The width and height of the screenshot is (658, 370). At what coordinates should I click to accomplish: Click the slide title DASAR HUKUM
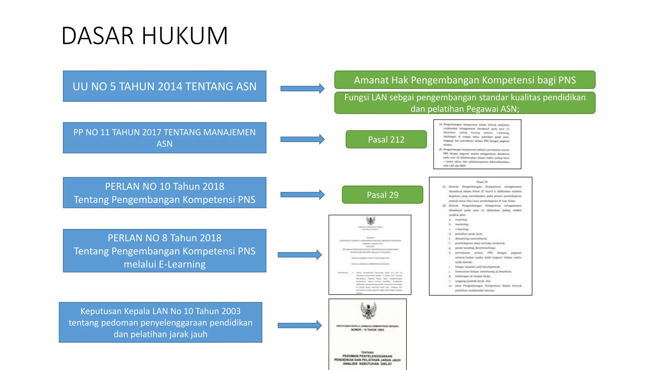click(145, 36)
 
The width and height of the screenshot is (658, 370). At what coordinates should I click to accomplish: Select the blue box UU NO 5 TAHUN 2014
click(164, 86)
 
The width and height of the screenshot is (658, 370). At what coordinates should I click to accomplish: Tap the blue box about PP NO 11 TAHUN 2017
click(164, 138)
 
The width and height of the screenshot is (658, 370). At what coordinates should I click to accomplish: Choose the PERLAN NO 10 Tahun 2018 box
click(164, 193)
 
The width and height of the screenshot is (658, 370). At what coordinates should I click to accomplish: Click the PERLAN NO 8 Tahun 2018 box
click(164, 251)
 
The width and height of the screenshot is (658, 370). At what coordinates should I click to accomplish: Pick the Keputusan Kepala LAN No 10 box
click(161, 322)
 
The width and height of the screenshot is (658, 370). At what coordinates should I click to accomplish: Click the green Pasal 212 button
click(386, 139)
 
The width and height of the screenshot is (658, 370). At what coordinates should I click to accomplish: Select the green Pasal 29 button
click(382, 195)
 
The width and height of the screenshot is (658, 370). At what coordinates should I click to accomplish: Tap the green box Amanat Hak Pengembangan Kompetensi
click(465, 80)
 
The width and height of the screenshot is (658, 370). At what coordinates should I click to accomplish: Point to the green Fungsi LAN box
click(465, 103)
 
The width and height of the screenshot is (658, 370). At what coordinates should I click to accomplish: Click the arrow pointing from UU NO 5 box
click(302, 88)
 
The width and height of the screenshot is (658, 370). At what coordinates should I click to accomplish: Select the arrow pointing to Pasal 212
click(302, 139)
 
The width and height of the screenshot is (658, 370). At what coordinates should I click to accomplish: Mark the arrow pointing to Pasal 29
click(302, 195)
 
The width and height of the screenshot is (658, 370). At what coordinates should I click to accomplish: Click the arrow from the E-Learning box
click(299, 255)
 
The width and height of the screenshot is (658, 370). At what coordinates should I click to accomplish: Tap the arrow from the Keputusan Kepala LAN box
click(299, 325)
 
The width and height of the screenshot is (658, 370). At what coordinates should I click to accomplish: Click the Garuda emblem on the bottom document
click(368, 310)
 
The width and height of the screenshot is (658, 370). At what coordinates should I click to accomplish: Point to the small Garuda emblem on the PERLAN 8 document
click(370, 221)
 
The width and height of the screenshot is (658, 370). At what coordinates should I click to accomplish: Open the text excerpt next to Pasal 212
click(477, 144)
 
